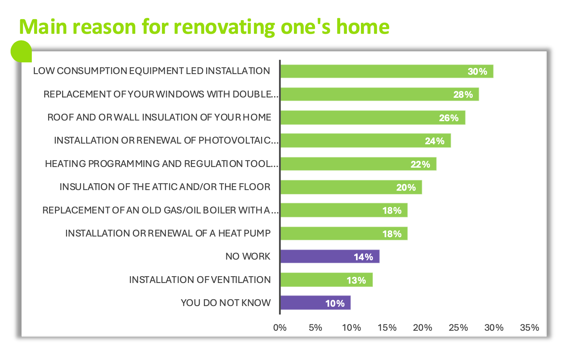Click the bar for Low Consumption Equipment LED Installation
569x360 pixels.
pyautogui.click(x=387, y=71)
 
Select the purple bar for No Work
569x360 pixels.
pyautogui.click(x=330, y=257)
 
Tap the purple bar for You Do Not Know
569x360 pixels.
pyautogui.click(x=315, y=303)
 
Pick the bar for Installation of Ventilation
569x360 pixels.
pyautogui.click(x=326, y=280)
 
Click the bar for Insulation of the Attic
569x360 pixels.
pyautogui.click(x=351, y=187)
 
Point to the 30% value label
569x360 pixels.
pyautogui.click(x=477, y=71)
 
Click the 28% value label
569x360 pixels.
pyautogui.click(x=463, y=95)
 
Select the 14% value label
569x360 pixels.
pyautogui.click(x=364, y=257)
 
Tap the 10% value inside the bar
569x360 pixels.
pyautogui.click(x=335, y=303)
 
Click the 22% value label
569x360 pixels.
pyautogui.click(x=420, y=164)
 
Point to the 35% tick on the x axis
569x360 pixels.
pyautogui.click(x=530, y=328)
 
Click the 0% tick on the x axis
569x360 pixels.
pyautogui.click(x=280, y=328)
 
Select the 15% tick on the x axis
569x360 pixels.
pyautogui.click(x=387, y=328)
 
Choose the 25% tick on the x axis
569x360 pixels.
pyautogui.click(x=458, y=328)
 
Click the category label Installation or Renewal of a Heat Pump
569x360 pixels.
pyautogui.click(x=168, y=233)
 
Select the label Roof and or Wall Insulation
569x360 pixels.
pyautogui.click(x=159, y=117)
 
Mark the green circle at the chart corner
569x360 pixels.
pyautogui.click(x=21, y=51)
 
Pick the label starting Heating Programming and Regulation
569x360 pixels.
pyautogui.click(x=162, y=164)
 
